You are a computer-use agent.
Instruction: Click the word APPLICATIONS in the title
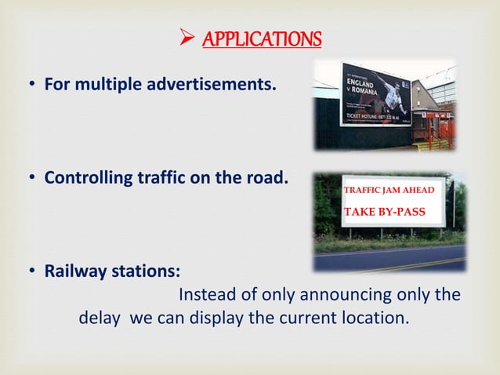[x=262, y=38]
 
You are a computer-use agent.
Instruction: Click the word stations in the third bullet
[x=144, y=271]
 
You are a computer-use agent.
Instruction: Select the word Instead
[x=205, y=296]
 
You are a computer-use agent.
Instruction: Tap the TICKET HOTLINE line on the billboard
[x=373, y=118]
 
